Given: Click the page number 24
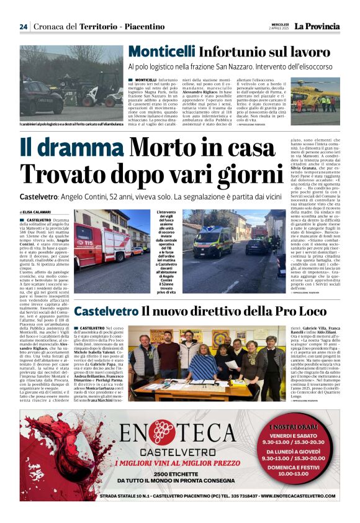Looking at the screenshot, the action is click(24, 27).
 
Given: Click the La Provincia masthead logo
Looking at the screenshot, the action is click(317, 26).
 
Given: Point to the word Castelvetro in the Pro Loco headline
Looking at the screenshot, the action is click(106, 311).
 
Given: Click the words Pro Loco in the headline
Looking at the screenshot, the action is click(278, 311).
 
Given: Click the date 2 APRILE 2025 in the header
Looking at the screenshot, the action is click(279, 29).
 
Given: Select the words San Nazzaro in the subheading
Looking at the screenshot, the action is click(232, 65).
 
